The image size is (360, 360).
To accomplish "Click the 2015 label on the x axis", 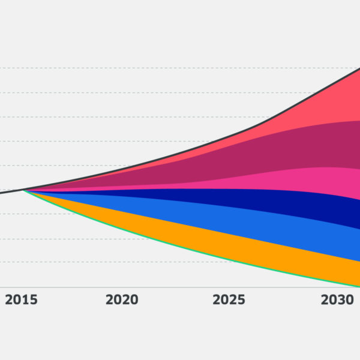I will [21, 300].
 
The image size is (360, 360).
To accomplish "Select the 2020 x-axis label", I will [122, 300].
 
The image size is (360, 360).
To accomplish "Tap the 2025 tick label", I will [229, 300].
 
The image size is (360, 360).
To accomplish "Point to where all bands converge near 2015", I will [24, 190].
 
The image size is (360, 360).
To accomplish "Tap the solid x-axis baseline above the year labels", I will [180, 287].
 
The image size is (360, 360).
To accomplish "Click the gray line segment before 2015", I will [9, 192].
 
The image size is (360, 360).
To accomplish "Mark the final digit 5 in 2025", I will [241, 300].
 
